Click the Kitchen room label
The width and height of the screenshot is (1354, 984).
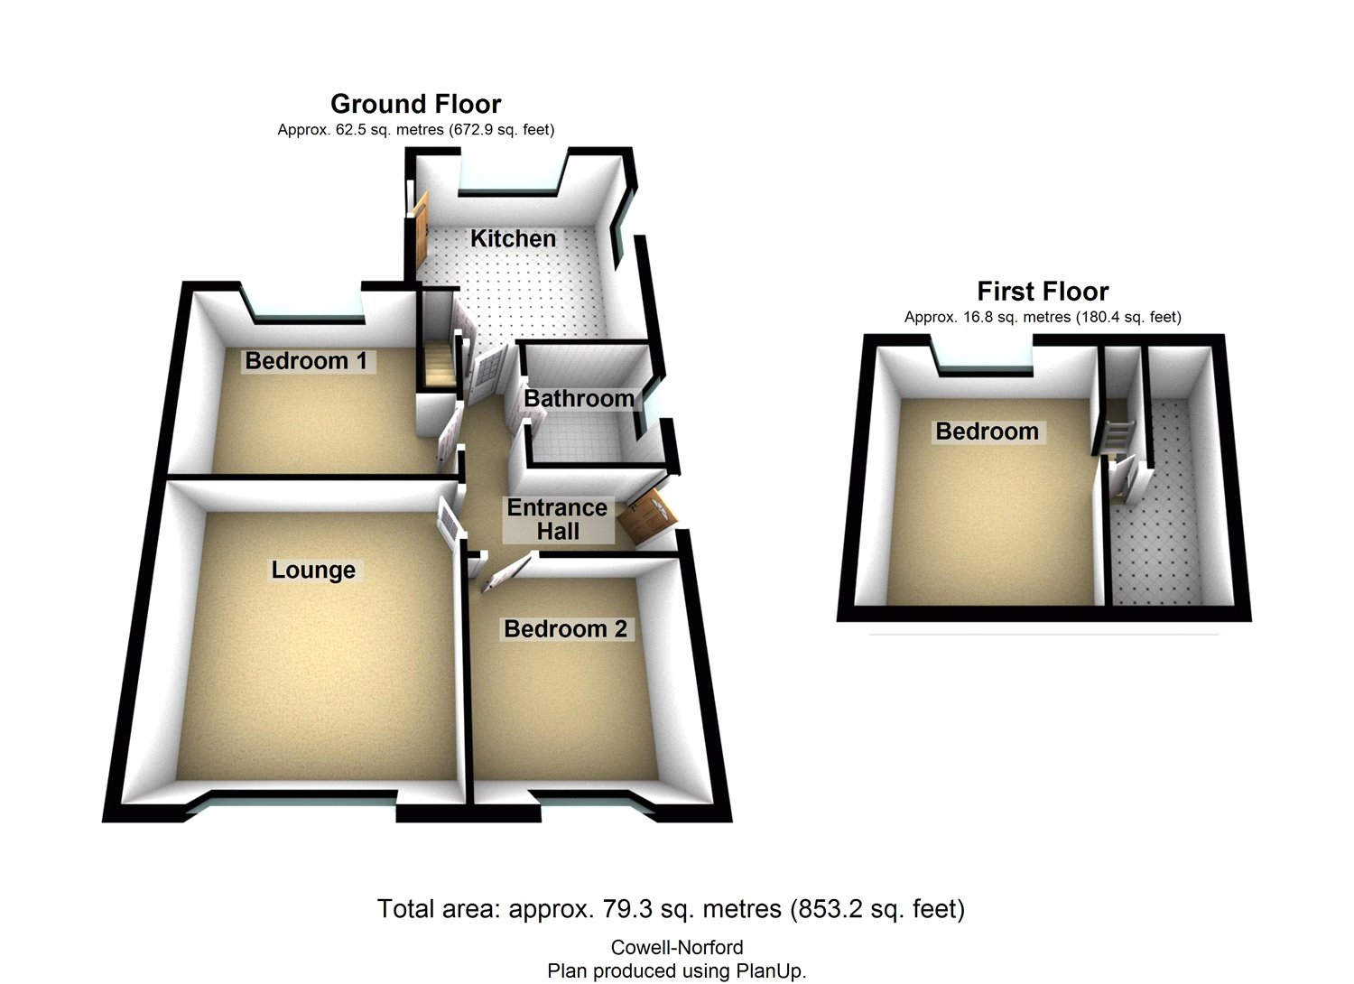[513, 238]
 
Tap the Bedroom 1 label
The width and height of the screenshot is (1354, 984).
[306, 361]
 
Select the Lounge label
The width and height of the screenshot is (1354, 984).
[313, 570]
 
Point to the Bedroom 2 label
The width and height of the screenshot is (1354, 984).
[565, 628]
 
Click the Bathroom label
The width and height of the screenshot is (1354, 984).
[579, 398]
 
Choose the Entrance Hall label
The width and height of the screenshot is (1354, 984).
[557, 519]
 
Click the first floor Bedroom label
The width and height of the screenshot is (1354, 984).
[987, 431]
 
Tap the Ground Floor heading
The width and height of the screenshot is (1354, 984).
[415, 104]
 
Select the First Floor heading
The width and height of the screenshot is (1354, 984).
[1043, 292]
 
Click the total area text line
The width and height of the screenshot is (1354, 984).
[671, 908]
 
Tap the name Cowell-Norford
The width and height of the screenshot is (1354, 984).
[677, 948]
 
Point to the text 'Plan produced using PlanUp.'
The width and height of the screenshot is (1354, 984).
[677, 970]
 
